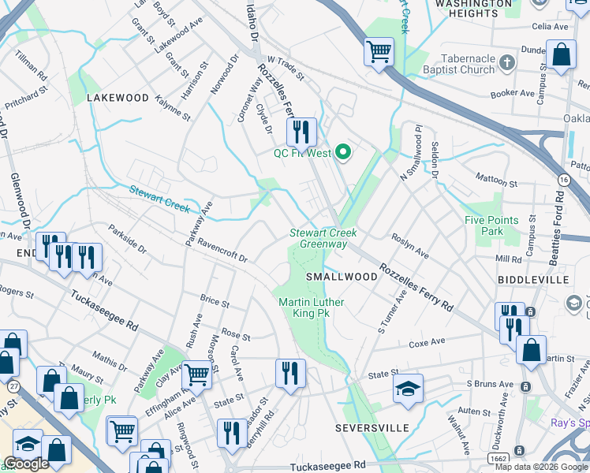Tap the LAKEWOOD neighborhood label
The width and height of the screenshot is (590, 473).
point(118,98)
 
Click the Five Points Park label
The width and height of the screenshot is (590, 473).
point(491,225)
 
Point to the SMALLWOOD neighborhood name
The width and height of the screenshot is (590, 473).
point(342,277)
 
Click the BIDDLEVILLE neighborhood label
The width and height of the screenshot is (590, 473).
point(533,280)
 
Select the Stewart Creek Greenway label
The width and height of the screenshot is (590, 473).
point(323,238)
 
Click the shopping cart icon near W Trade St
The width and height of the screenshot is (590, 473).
point(379,52)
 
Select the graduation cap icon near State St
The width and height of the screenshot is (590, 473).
point(408,389)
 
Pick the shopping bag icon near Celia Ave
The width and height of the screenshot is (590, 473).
point(561,56)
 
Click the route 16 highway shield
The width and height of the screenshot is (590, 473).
point(563,181)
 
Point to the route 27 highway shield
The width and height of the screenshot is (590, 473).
point(14,385)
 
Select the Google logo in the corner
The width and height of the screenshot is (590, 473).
point(26,464)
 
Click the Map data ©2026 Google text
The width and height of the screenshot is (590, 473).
point(541,467)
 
